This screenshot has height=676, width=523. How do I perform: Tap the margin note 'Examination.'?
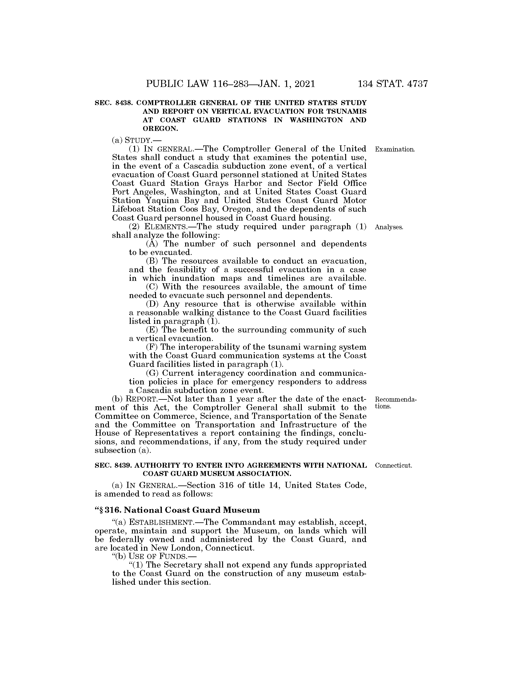pos(394,150)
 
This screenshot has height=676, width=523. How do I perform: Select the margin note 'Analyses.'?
pos(389,227)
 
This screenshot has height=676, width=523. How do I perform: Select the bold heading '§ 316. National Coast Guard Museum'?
pos(177,510)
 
